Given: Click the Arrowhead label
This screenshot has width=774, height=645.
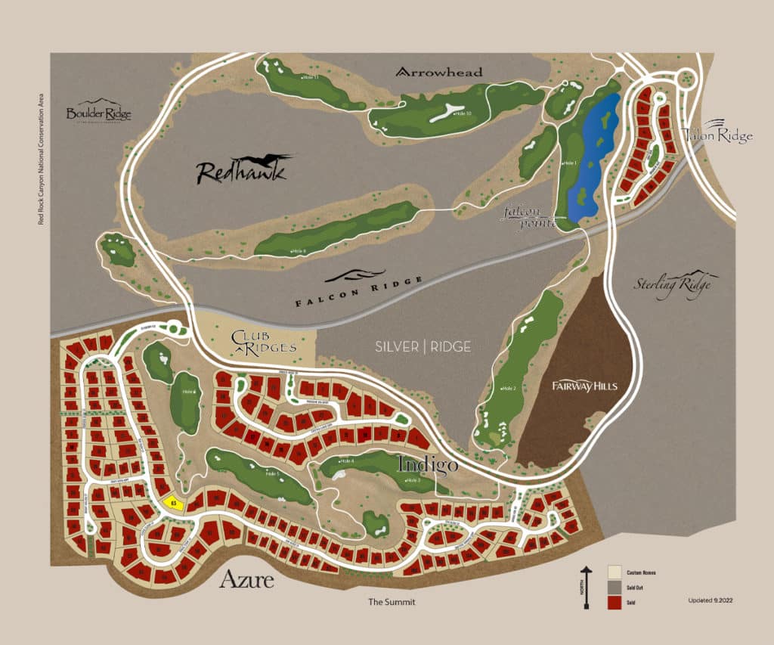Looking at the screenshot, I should click(x=439, y=72).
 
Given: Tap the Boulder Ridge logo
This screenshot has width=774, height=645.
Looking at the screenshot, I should click(x=98, y=112).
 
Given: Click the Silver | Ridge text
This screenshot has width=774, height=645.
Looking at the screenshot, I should click(x=423, y=347).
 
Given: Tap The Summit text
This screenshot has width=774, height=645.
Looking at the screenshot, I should click(x=392, y=602).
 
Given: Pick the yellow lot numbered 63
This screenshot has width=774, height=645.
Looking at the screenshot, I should click(x=174, y=501).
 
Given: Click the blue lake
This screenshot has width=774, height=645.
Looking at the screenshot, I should click(x=593, y=159).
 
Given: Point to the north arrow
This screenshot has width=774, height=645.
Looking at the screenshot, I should click(x=584, y=587).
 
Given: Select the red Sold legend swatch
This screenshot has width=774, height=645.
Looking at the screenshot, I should click(x=614, y=602).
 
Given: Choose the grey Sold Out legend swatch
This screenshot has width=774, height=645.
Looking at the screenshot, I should click(x=614, y=587).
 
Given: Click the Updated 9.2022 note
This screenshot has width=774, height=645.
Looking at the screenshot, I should click(x=710, y=600).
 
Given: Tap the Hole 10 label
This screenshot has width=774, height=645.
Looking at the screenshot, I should click(x=463, y=113).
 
